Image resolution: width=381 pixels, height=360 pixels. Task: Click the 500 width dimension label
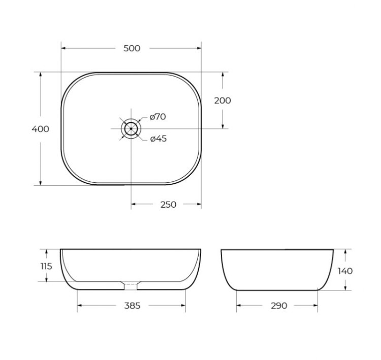click(x=132, y=48)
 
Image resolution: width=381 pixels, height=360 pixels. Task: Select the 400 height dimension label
click(x=41, y=129)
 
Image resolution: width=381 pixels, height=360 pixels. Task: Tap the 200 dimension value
click(x=222, y=101)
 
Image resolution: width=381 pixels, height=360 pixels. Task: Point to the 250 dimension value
click(x=168, y=205)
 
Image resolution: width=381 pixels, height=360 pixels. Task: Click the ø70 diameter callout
click(x=157, y=117)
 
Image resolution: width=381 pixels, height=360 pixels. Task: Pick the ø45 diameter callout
click(x=158, y=139)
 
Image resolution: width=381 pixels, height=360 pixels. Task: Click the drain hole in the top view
click(x=131, y=128)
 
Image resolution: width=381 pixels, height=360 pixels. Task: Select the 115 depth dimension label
click(x=46, y=266)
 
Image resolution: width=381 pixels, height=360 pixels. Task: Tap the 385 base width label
click(x=132, y=306)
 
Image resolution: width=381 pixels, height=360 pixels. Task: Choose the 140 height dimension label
click(x=345, y=271)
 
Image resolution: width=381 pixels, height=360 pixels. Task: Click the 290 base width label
click(x=278, y=306)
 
